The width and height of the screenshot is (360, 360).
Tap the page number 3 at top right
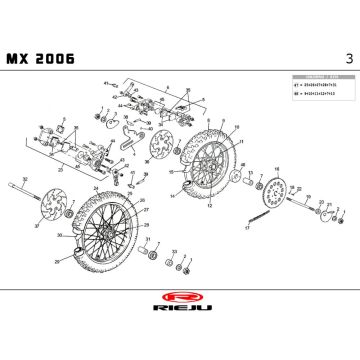pyautogui.click(x=346, y=58)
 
